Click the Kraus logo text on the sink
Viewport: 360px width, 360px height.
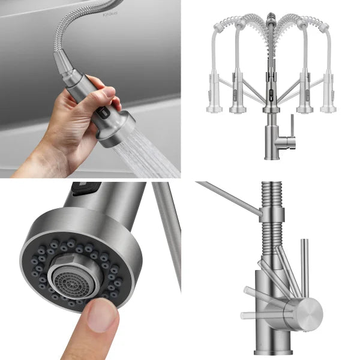click(110, 13)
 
